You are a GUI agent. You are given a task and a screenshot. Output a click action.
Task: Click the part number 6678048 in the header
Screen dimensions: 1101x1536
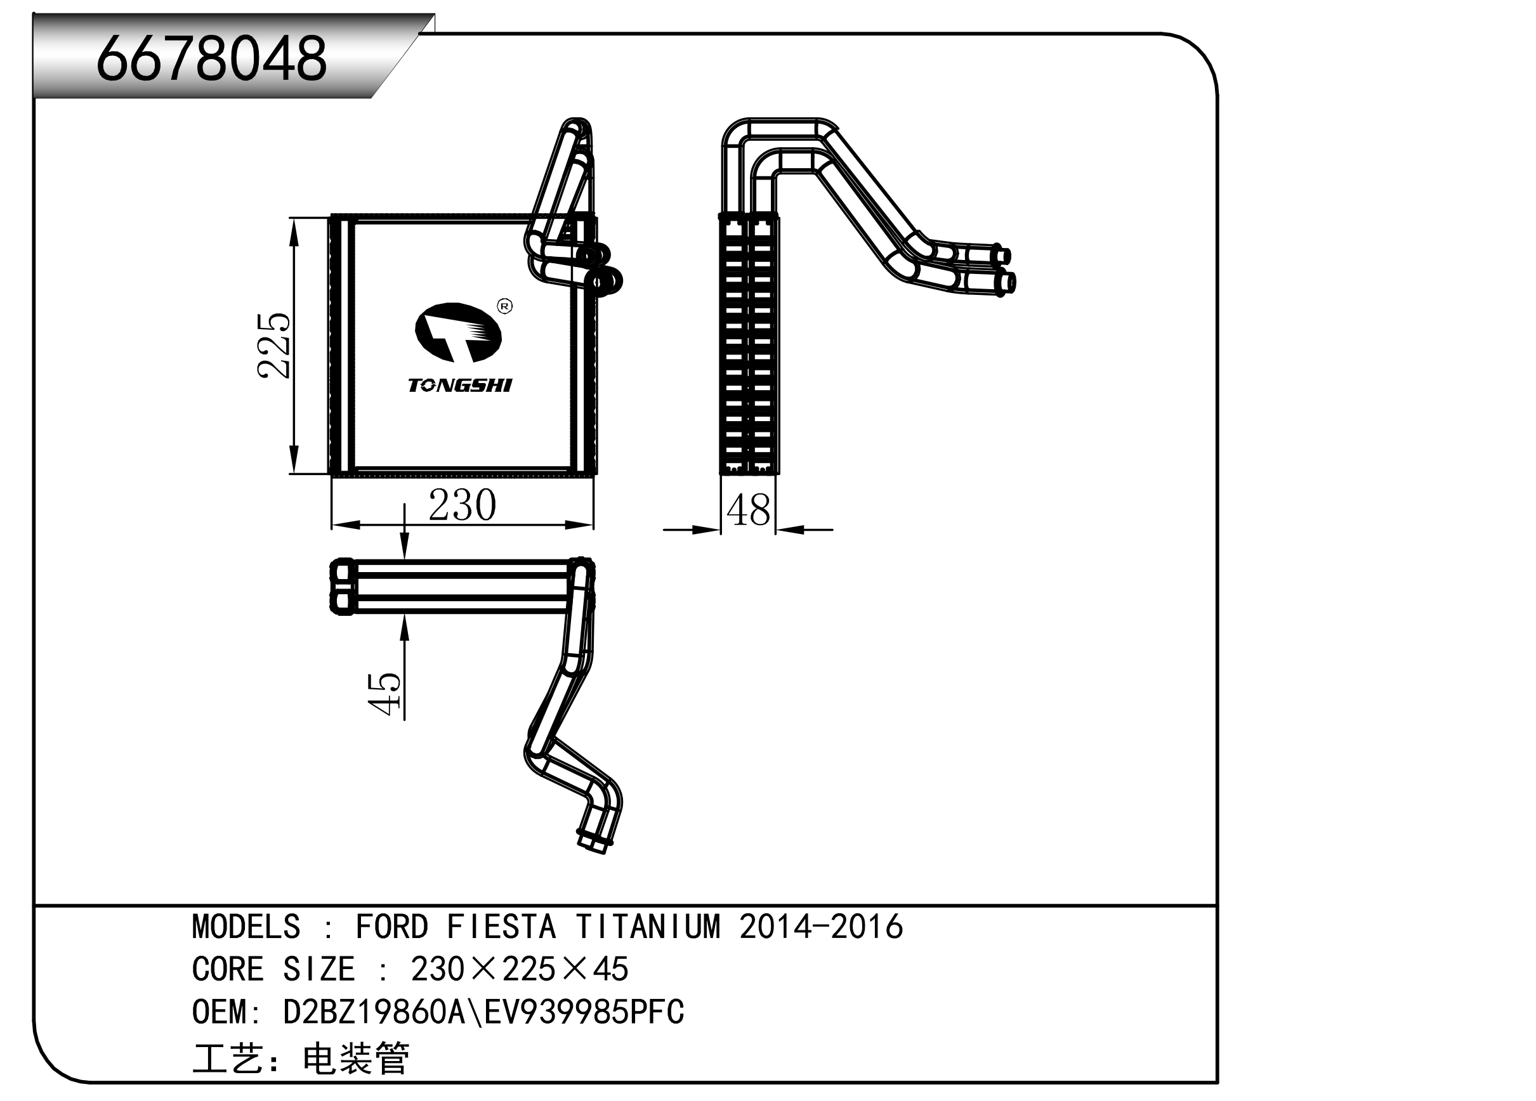pyautogui.click(x=211, y=60)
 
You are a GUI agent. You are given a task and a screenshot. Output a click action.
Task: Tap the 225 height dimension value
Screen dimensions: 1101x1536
pyautogui.click(x=275, y=346)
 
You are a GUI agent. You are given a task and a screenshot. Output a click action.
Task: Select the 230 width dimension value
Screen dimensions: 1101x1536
pyautogui.click(x=462, y=505)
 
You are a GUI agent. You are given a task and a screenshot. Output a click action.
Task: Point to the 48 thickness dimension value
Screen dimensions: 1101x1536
pyautogui.click(x=749, y=511)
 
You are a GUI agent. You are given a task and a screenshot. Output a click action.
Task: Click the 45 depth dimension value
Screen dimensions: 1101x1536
pyautogui.click(x=384, y=694)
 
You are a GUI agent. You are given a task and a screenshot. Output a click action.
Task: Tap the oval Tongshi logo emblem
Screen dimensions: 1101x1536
pyautogui.click(x=459, y=332)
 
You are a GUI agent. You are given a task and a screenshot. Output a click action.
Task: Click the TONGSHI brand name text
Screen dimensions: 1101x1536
pyautogui.click(x=460, y=385)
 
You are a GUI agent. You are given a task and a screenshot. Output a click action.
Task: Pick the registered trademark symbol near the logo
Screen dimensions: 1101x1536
pyautogui.click(x=504, y=307)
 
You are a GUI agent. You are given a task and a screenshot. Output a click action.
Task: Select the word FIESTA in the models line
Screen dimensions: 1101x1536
pyautogui.click(x=501, y=927)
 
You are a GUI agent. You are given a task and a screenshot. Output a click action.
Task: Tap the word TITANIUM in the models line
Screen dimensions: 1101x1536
pyautogui.click(x=648, y=927)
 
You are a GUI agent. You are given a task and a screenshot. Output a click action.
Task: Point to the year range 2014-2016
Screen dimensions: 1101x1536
pyautogui.click(x=821, y=927)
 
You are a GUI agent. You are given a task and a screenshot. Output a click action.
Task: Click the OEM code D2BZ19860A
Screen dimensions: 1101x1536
pyautogui.click(x=374, y=1012)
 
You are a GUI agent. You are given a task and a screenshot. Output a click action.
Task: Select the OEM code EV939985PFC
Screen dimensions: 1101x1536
pyautogui.click(x=584, y=1012)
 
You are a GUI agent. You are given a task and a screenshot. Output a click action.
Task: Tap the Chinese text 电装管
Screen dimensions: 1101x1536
pyautogui.click(x=355, y=1059)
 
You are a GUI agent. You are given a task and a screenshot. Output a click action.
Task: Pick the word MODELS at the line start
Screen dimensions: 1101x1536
pyautogui.click(x=246, y=927)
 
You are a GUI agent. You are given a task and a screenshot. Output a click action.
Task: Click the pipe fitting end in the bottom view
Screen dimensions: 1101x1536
pyautogui.click(x=594, y=842)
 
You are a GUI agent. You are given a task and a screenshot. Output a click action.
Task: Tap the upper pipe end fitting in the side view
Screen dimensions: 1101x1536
pyautogui.click(x=1001, y=256)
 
